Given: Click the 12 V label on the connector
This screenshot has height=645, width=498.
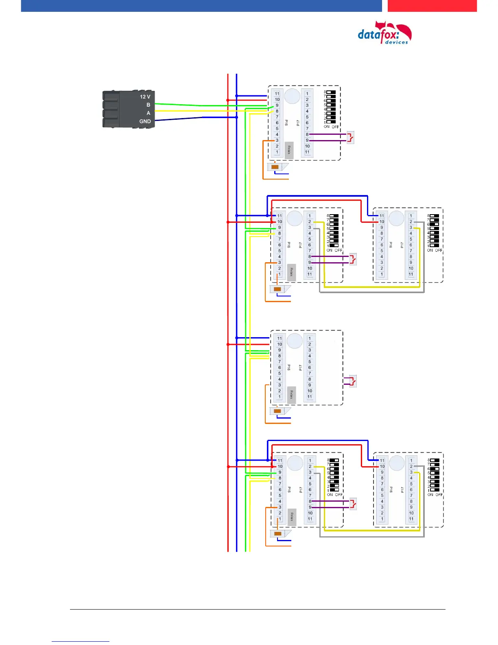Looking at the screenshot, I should click(145, 97).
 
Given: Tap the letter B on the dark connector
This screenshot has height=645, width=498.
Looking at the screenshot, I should click(148, 105).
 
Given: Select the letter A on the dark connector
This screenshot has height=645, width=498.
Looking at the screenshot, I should click(148, 113).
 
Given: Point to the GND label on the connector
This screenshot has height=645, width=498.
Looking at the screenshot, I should click(145, 121).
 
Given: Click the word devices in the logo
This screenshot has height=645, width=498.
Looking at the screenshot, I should click(396, 42).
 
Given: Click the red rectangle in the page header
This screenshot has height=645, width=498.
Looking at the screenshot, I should click(432, 6).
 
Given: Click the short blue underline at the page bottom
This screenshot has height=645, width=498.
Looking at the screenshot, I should click(81, 641).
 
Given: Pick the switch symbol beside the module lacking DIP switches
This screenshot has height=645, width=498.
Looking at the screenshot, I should click(352, 381).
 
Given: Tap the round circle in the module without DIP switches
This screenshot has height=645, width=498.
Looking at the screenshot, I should click(295, 341).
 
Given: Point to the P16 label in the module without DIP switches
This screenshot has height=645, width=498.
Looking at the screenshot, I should click(289, 367).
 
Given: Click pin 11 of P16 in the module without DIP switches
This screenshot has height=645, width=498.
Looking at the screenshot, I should click(280, 338).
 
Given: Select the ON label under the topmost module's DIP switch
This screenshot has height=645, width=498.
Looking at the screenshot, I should click(326, 127).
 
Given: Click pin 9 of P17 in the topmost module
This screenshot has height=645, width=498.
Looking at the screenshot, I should click(307, 140).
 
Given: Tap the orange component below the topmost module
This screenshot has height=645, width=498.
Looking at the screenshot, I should click(275, 167).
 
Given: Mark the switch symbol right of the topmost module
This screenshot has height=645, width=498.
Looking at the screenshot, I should click(350, 137).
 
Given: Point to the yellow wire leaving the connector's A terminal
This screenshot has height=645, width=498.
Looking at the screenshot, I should click(191, 111).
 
